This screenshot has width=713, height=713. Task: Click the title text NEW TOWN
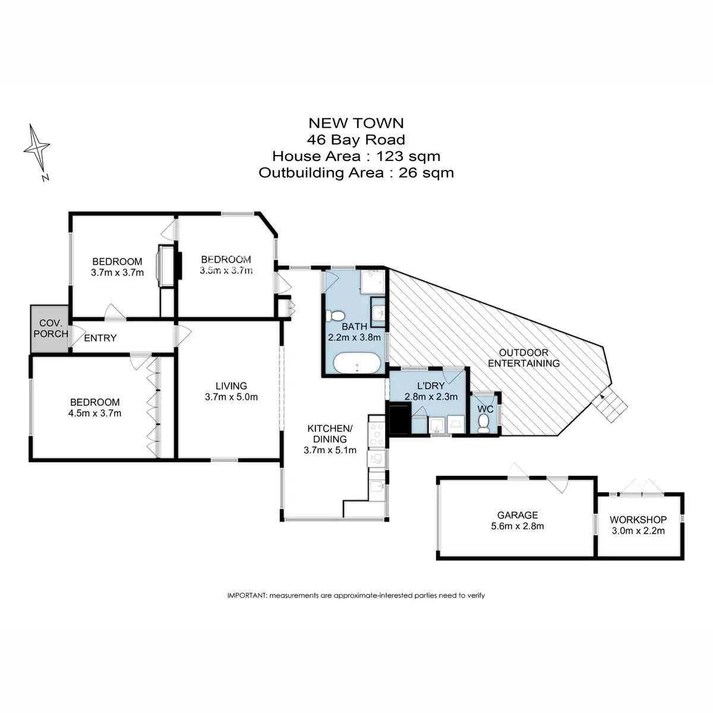pos(356,123)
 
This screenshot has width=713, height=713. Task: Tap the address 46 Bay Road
pos(356,140)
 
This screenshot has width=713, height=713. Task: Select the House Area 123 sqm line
pos(356,156)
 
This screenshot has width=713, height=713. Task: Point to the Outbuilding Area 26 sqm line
pos(356,173)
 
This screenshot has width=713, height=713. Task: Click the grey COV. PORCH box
pos(50,329)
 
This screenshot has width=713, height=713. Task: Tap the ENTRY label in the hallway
pos(100,338)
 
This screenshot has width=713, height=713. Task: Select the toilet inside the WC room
pos(484,423)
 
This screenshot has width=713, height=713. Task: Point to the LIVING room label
pos(231,386)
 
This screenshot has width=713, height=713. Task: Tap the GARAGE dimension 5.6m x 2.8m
pos(518,526)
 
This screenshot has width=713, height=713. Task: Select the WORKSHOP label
pos(638,519)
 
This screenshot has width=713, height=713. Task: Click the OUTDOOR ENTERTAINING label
pos(523,358)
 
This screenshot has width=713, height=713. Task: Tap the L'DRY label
pos(431,386)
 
